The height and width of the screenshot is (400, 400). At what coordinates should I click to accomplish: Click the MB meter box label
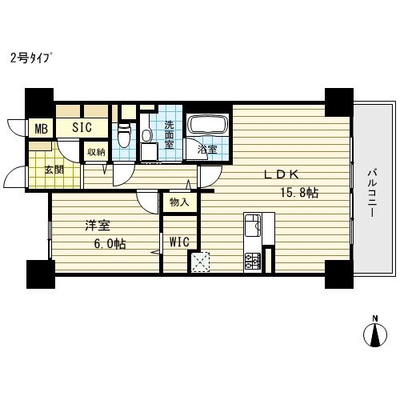[42, 129]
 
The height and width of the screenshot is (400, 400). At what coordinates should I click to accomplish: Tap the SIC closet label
[82, 127]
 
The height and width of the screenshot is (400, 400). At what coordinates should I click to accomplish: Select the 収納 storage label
[96, 152]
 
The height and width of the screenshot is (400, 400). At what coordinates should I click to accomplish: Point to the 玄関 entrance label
[54, 170]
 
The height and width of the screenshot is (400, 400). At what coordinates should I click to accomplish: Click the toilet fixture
[124, 135]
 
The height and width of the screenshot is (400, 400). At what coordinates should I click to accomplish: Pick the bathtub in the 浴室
[208, 125]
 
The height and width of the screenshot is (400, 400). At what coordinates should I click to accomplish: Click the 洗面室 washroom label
[169, 134]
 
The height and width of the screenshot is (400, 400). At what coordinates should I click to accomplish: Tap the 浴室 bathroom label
[207, 150]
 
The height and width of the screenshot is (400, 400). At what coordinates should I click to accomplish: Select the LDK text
[281, 174]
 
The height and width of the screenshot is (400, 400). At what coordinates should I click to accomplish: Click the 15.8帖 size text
[299, 193]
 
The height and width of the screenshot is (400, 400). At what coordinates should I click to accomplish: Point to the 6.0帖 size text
[110, 243]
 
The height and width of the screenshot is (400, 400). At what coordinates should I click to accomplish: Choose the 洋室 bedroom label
[98, 226]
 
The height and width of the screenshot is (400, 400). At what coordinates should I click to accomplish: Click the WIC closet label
[179, 242]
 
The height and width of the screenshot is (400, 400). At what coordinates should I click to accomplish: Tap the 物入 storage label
[179, 202]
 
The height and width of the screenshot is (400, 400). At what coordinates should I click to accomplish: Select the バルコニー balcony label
[372, 193]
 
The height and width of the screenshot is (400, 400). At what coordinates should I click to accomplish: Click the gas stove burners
[252, 262]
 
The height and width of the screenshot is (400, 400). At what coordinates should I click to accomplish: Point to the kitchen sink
[253, 226]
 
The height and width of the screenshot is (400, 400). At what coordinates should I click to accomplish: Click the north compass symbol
[375, 333]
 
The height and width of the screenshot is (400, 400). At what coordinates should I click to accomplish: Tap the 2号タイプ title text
[31, 58]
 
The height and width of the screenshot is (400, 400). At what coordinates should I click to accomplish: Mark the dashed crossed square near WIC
[200, 262]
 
